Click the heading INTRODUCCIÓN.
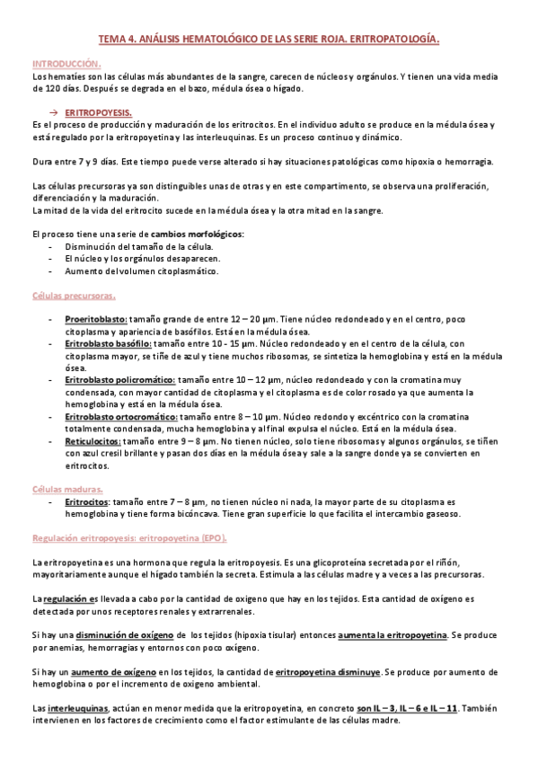point(66,65)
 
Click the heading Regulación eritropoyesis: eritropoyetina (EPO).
point(129,537)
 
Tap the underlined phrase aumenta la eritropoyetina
point(392,635)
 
